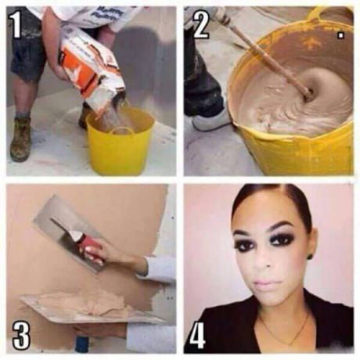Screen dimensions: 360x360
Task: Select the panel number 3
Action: click(21, 334)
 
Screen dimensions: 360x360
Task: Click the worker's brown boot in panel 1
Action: click(21, 141)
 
